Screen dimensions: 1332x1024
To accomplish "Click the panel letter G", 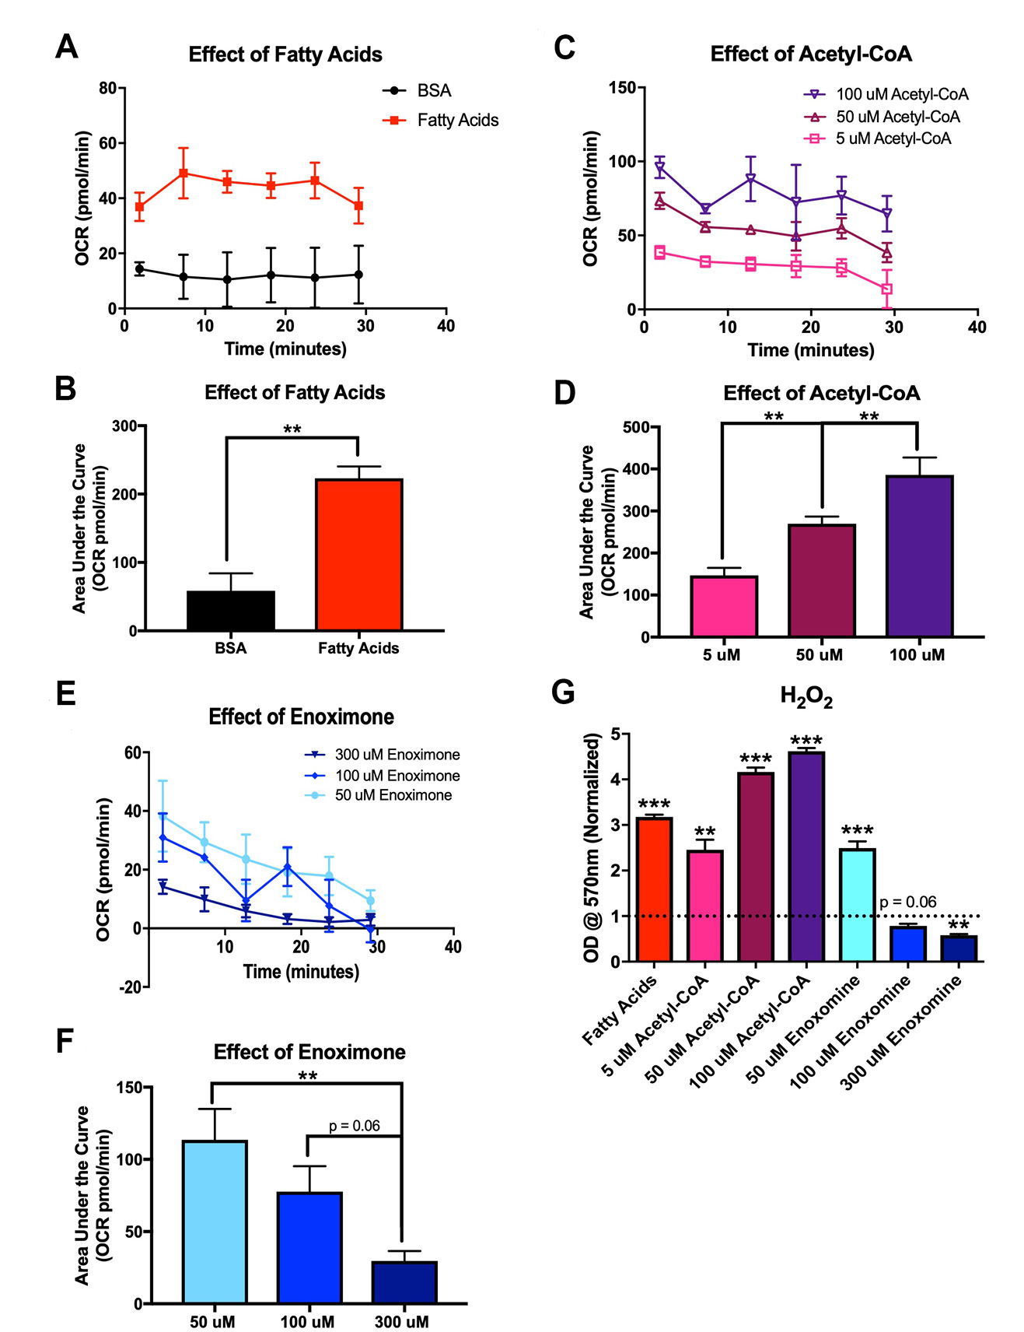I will pyautogui.click(x=563, y=692).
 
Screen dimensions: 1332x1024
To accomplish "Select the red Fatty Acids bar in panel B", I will pyautogui.click(x=358, y=554).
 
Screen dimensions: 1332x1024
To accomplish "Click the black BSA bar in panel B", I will pyautogui.click(x=231, y=610).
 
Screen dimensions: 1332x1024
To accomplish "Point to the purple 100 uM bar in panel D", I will pyautogui.click(x=919, y=556).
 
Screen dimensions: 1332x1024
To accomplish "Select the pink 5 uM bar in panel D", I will pyautogui.click(x=723, y=606).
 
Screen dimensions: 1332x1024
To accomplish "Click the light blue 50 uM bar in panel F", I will pyautogui.click(x=215, y=1221).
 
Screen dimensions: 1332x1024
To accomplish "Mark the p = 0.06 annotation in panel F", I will pyautogui.click(x=354, y=1126).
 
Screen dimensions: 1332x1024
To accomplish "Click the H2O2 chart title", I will pyautogui.click(x=806, y=696).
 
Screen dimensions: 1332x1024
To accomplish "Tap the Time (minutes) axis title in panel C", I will pyautogui.click(x=810, y=350).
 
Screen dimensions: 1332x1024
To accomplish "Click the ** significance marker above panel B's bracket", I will pyautogui.click(x=292, y=429).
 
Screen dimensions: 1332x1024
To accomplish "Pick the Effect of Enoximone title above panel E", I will pyautogui.click(x=301, y=717).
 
